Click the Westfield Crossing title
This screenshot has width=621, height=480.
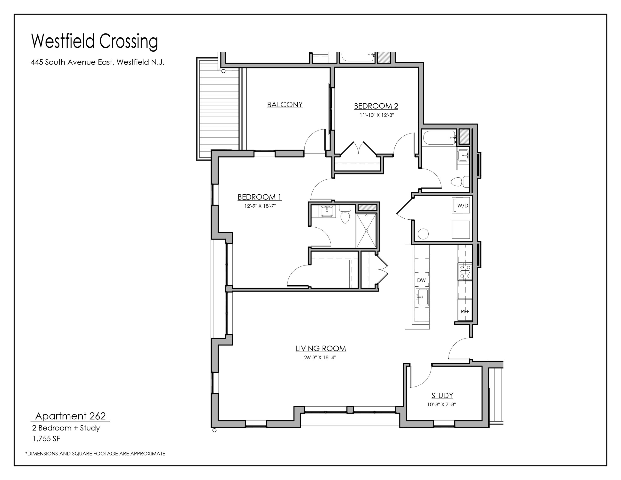click(x=94, y=41)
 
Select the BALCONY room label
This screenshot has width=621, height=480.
click(x=285, y=105)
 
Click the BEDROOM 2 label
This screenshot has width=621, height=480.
click(x=376, y=106)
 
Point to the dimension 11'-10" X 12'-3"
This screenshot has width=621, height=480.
click(x=376, y=115)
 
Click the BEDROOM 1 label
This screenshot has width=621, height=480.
click(x=259, y=197)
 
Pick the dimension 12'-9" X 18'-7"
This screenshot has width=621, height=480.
click(x=260, y=206)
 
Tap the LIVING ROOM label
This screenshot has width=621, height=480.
click(x=321, y=348)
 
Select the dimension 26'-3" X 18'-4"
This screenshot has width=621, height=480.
click(x=320, y=358)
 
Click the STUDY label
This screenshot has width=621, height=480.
click(x=442, y=395)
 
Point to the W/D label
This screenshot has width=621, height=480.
click(x=463, y=206)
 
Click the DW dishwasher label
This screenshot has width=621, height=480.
click(x=421, y=280)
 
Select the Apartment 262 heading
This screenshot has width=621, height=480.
click(x=70, y=416)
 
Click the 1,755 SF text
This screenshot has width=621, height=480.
click(x=46, y=439)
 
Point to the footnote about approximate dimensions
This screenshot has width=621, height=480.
click(x=95, y=454)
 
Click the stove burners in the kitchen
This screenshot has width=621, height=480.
click(x=465, y=272)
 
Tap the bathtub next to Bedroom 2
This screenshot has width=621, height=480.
click(x=440, y=138)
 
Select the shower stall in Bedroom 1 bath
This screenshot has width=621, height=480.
click(x=366, y=231)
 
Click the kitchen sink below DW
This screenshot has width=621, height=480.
click(x=422, y=297)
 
